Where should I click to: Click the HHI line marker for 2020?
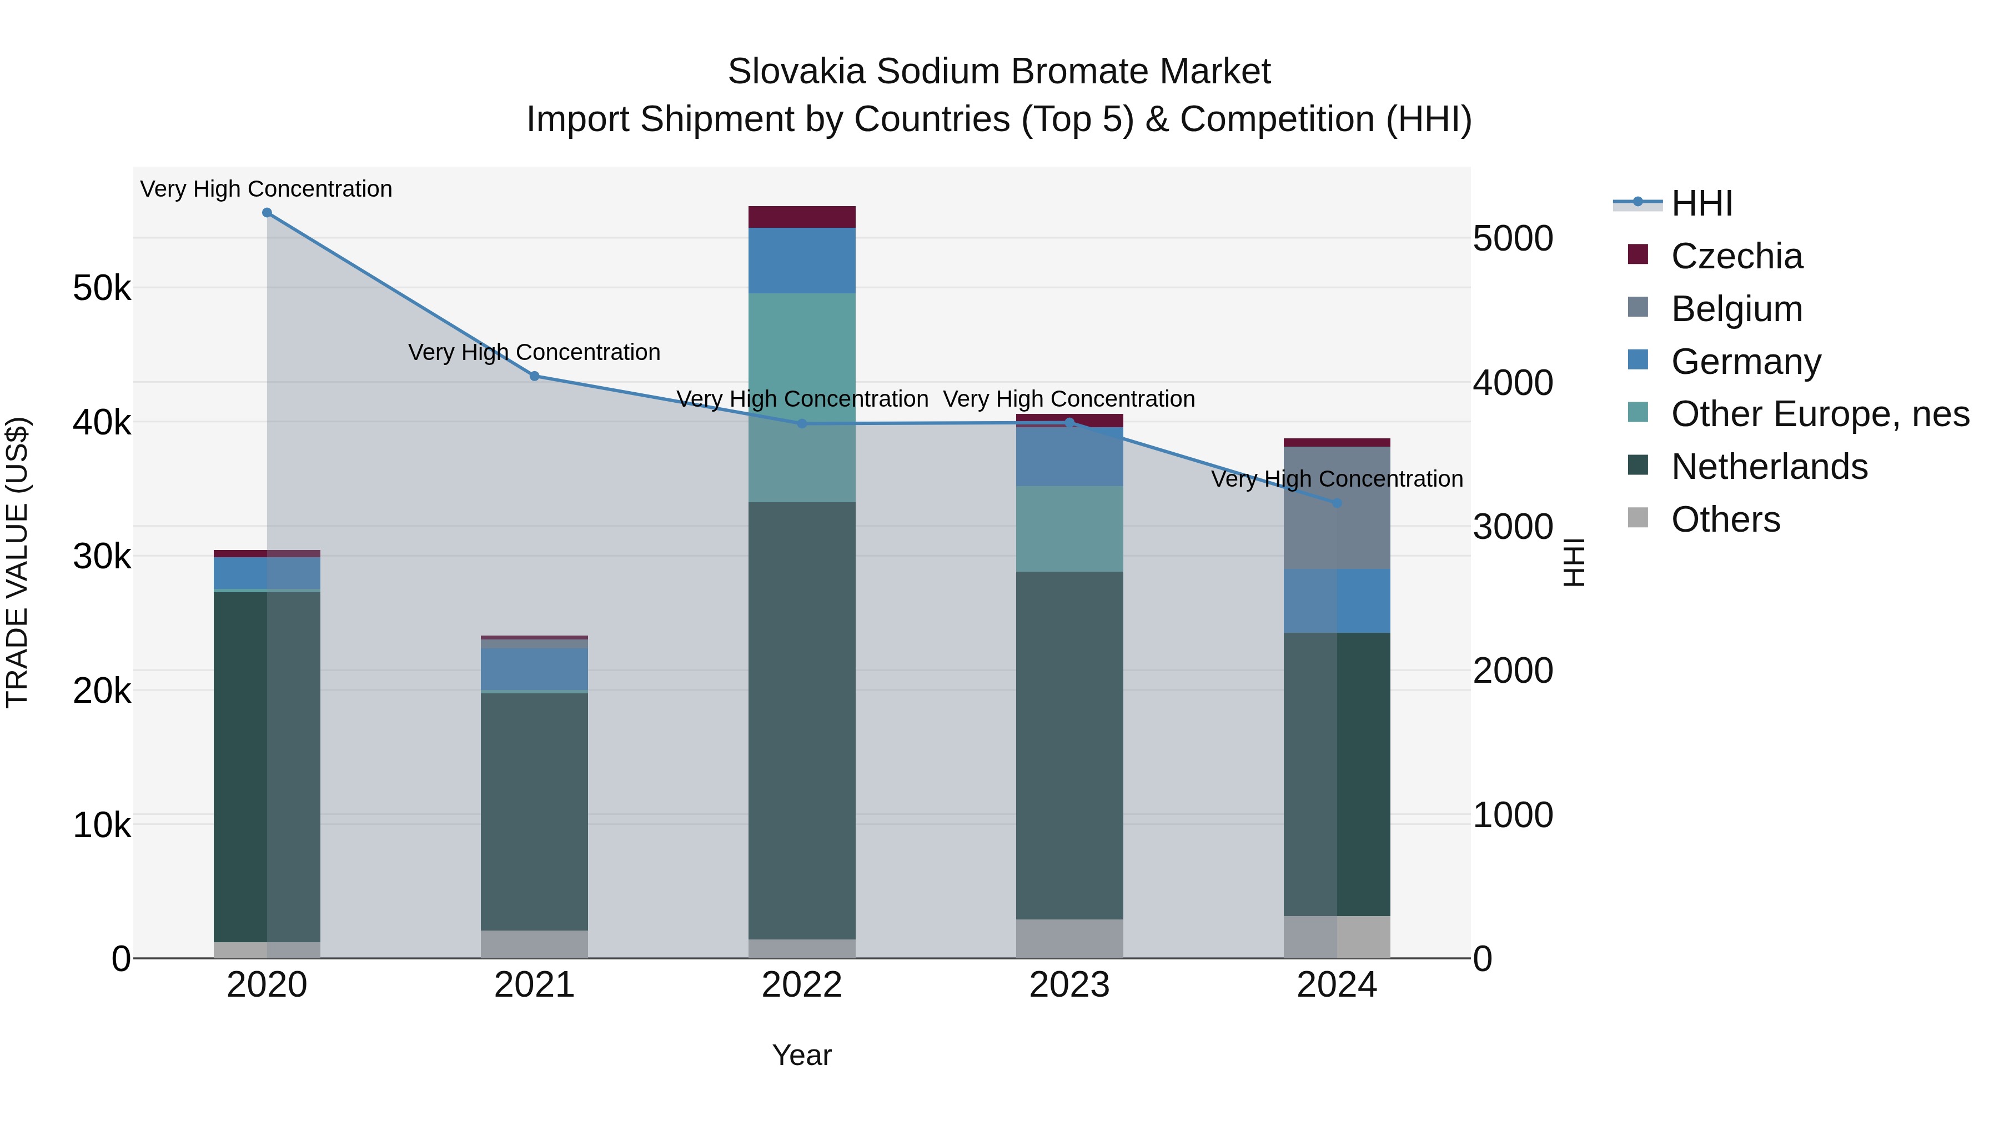tap(267, 213)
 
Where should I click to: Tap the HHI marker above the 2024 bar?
tap(1337, 503)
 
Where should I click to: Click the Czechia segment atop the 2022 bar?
tap(802, 217)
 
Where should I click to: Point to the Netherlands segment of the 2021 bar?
tap(535, 811)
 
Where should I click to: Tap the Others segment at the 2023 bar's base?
tap(1069, 939)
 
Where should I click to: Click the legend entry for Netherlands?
tap(1769, 467)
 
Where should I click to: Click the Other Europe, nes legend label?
tap(1820, 414)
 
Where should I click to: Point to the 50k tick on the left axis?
tap(102, 289)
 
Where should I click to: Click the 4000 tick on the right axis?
tap(1513, 383)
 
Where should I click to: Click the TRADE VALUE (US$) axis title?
tap(17, 562)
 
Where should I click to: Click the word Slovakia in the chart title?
tap(796, 72)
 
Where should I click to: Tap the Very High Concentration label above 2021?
tap(535, 352)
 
